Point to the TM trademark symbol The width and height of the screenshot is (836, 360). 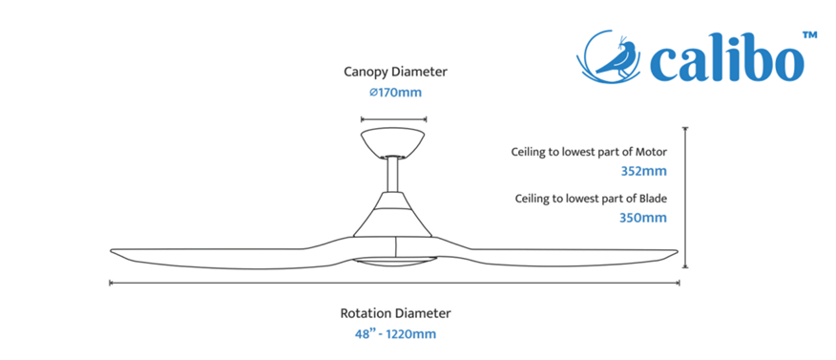809,35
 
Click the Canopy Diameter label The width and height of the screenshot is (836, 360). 395,72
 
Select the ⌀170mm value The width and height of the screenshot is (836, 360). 396,93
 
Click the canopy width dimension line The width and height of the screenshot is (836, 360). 393,119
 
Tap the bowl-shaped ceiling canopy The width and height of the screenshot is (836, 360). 393,142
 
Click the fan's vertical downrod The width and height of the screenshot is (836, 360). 393,174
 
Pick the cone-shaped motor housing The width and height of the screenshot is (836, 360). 393,215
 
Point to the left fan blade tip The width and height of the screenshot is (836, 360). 112,251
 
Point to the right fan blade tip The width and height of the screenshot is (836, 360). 676,252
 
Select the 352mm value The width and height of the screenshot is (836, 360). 643,172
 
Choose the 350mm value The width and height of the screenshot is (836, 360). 643,218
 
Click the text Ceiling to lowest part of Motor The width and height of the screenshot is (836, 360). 589,152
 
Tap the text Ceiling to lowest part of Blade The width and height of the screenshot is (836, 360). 592,199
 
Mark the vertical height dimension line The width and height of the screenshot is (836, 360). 685,198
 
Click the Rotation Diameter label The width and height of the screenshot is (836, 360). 396,313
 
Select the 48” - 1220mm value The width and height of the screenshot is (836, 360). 396,334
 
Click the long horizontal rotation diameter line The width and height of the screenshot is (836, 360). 394,283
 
